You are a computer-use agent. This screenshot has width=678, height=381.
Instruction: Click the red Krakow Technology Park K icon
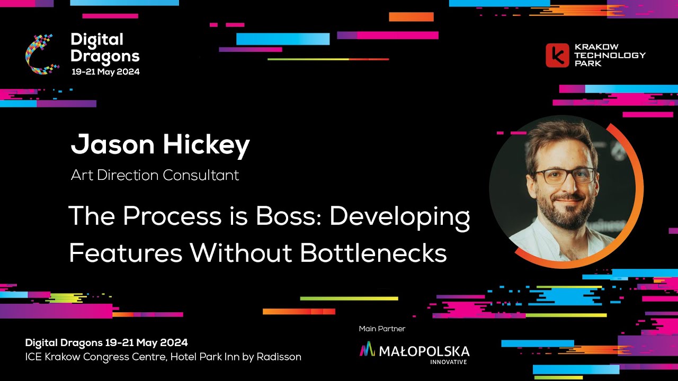[557, 55]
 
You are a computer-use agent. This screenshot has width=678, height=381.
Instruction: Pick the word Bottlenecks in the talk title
[373, 253]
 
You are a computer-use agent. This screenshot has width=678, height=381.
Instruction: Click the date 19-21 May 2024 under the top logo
[106, 71]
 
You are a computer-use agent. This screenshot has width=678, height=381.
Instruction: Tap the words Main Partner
[382, 329]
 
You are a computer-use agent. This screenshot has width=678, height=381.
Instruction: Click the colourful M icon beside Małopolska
[367, 349]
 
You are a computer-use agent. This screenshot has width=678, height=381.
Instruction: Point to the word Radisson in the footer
[279, 357]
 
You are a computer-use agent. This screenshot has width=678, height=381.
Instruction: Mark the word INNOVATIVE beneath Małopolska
[449, 362]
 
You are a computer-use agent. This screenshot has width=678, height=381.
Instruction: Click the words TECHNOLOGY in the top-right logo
[610, 55]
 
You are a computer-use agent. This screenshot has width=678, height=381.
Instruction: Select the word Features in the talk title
[126, 253]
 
